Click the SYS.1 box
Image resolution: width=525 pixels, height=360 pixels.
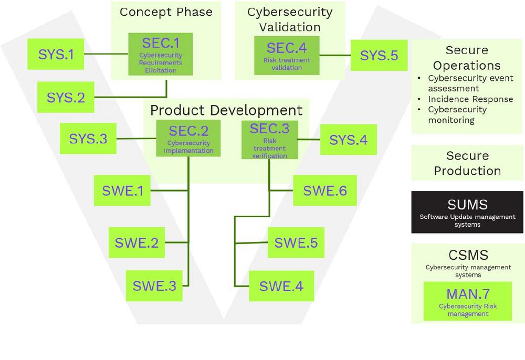click(x=56, y=54)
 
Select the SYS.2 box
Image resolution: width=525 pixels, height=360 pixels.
click(x=66, y=97)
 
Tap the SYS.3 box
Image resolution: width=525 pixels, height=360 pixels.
click(x=88, y=139)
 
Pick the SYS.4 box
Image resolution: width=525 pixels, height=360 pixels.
click(x=348, y=140)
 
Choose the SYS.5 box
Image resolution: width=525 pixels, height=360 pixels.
click(x=379, y=55)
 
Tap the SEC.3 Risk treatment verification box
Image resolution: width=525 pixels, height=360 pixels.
click(x=270, y=140)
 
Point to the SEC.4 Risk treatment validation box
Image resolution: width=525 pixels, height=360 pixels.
click(x=287, y=55)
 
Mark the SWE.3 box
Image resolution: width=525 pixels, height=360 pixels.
click(x=154, y=285)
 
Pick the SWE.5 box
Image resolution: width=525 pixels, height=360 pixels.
click(x=296, y=242)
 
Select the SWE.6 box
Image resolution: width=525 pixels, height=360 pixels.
click(x=325, y=190)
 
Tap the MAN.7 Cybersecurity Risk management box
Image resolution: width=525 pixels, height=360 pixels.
click(x=468, y=301)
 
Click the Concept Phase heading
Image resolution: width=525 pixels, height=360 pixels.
click(x=166, y=12)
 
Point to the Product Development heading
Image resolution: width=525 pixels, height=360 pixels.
click(x=226, y=110)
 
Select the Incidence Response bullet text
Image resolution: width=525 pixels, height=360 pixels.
click(x=470, y=99)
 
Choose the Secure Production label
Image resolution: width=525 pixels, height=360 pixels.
click(x=467, y=163)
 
